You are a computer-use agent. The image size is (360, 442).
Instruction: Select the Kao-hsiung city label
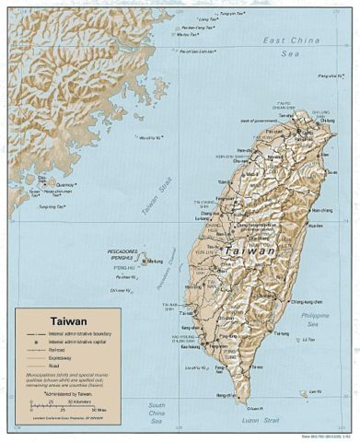[x=190, y=347]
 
